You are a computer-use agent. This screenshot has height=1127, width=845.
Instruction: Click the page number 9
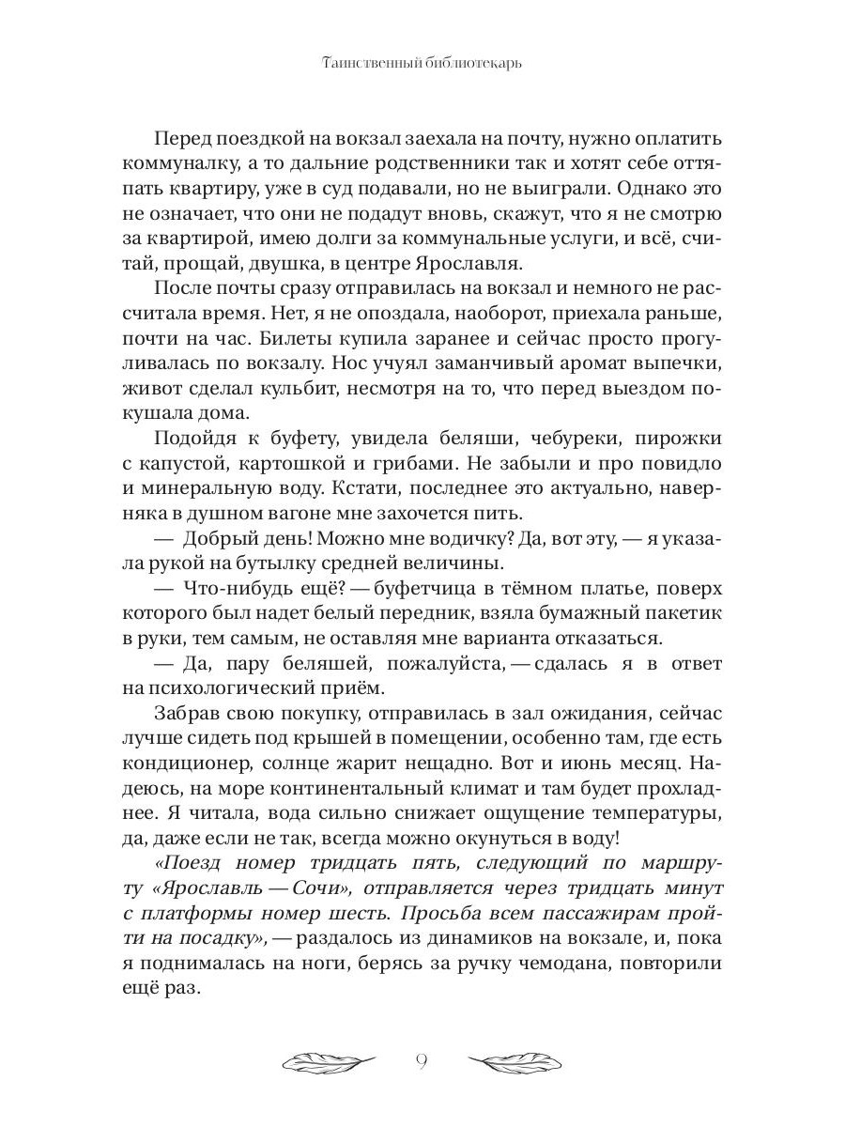(422, 1062)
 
